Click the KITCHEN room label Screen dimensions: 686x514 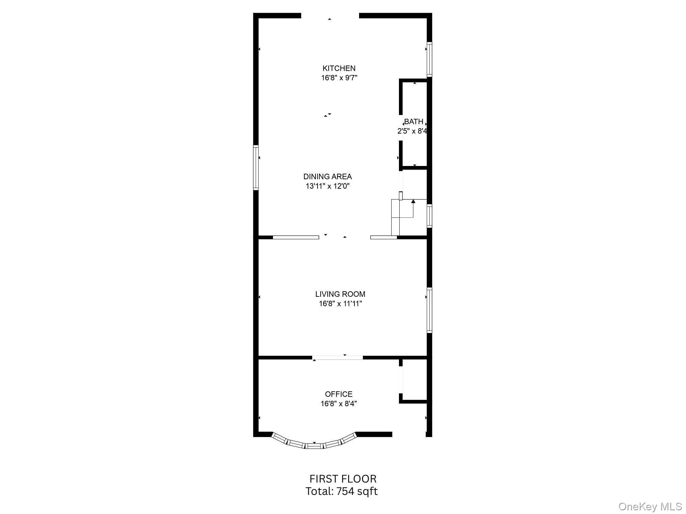tap(339, 68)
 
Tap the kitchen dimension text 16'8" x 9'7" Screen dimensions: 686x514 tap(339, 78)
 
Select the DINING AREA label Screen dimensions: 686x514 tap(328, 176)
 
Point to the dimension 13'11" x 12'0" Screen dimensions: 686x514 tap(328, 186)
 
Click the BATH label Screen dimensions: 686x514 tap(414, 121)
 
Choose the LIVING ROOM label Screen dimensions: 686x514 tap(340, 294)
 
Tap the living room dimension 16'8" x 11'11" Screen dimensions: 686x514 tap(340, 304)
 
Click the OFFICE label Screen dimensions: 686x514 tap(339, 394)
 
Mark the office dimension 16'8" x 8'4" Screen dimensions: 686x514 tap(339, 404)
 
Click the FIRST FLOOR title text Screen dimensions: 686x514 tap(343, 479)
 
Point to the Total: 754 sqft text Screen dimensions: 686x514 tap(341, 491)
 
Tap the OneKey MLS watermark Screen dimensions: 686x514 tap(650, 507)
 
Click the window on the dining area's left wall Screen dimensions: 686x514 tap(256, 168)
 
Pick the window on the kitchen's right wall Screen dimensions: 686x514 tap(429, 59)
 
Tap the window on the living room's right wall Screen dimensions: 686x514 tap(429, 310)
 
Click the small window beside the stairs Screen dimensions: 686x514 tap(429, 216)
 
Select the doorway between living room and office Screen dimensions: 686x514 tap(338, 358)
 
